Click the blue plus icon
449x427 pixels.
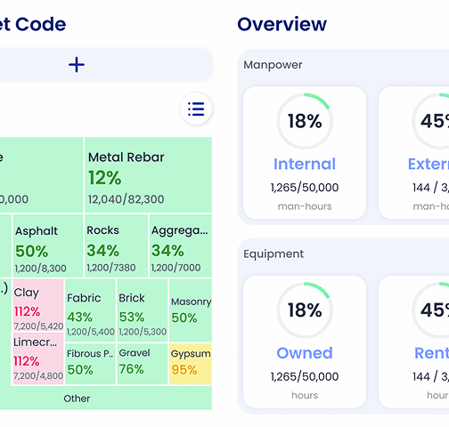tap(77, 64)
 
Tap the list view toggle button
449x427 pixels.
tap(196, 109)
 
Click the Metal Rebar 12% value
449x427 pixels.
tap(104, 178)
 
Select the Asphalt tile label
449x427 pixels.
tap(36, 231)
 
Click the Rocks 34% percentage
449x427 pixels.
tap(102, 251)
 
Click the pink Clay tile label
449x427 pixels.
tap(27, 292)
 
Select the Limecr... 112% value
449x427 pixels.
tap(27, 361)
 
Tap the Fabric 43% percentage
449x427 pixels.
tap(79, 318)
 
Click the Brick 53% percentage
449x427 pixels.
tap(132, 318)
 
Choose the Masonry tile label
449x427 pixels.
tap(191, 302)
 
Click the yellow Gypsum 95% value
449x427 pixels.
tap(184, 370)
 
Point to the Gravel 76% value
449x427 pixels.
tap(131, 370)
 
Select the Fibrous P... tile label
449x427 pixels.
tap(89, 353)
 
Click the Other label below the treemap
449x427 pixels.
tap(77, 399)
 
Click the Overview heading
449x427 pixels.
tap(282, 24)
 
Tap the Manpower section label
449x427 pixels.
tap(273, 65)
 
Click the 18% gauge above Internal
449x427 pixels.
tap(304, 121)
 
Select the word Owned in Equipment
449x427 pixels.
tap(304, 353)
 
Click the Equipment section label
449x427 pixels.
tap(273, 254)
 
